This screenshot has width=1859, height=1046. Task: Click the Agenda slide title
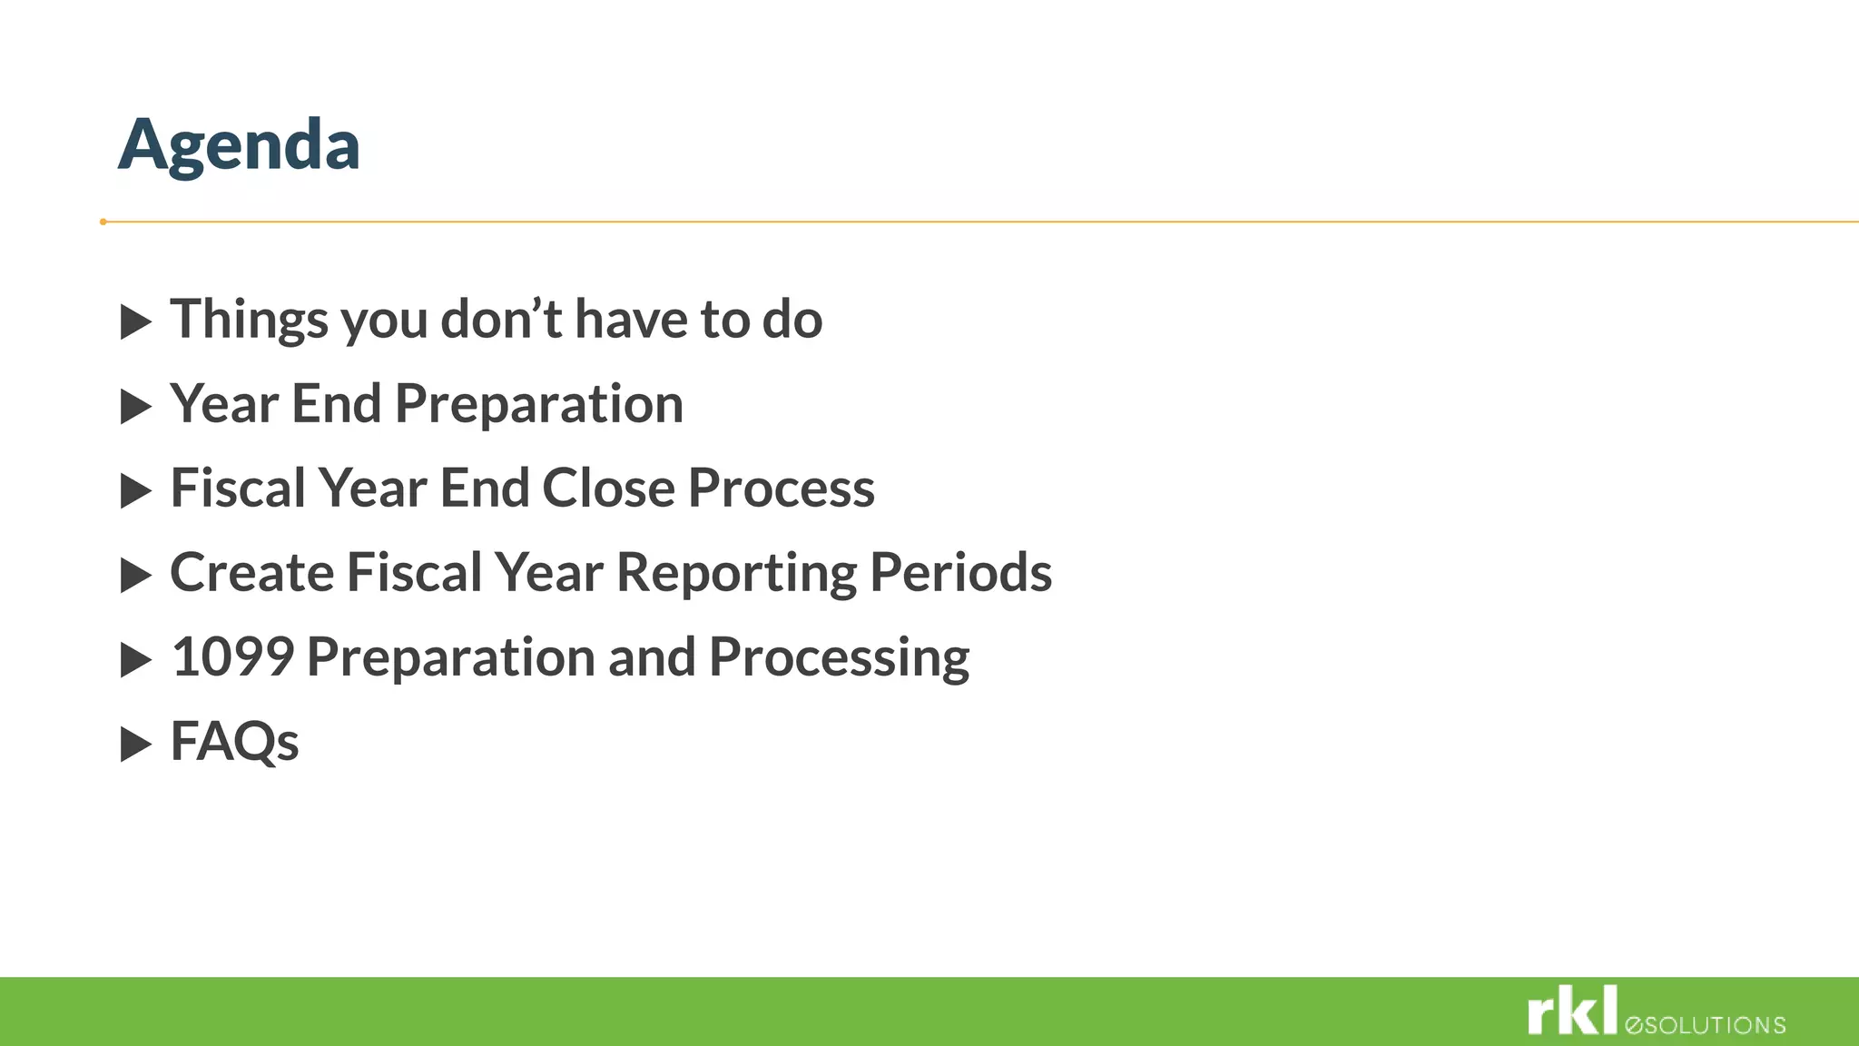(239, 145)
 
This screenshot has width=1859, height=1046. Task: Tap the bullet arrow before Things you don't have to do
(135, 322)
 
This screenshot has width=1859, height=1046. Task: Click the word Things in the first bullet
(249, 320)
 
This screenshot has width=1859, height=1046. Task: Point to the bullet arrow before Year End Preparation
(135, 407)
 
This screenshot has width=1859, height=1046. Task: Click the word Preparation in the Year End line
(539, 405)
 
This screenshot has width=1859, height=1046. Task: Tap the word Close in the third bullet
(608, 488)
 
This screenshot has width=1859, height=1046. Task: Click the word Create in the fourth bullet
(251, 573)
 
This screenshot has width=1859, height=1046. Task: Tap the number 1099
(232, 657)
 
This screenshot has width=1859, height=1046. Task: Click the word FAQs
(234, 742)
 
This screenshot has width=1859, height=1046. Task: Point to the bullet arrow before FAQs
(135, 745)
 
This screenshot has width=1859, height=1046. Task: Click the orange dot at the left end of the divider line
(103, 222)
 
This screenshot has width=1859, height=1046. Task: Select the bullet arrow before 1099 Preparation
(135, 660)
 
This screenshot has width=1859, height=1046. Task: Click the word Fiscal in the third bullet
(238, 488)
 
